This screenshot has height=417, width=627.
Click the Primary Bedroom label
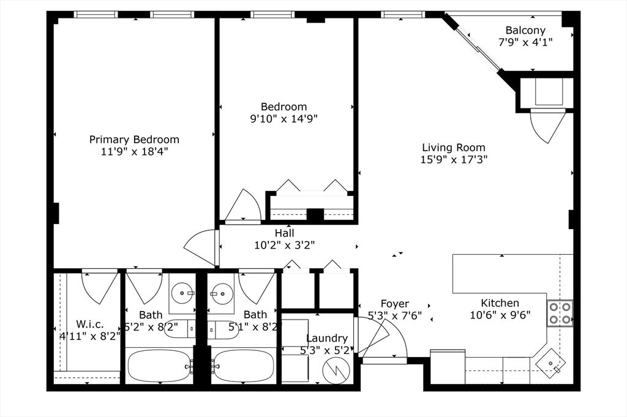(134, 140)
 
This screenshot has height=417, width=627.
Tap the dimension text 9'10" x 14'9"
(284, 119)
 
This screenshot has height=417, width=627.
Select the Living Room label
(454, 148)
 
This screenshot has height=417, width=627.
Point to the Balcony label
(525, 31)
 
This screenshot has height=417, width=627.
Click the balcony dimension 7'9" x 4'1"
(525, 42)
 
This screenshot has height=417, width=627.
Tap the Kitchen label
(500, 303)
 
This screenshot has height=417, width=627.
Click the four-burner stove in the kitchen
(560, 312)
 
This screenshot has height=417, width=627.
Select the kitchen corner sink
(550, 363)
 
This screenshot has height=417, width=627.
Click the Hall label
(284, 233)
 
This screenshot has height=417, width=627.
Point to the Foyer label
(395, 304)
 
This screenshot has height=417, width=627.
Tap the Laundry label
(327, 338)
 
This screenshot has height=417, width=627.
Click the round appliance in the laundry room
(336, 369)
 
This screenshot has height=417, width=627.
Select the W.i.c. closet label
(89, 323)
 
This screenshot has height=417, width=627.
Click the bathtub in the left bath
(159, 366)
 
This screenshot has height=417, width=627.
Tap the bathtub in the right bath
(244, 366)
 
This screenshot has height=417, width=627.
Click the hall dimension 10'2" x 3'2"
(284, 245)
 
